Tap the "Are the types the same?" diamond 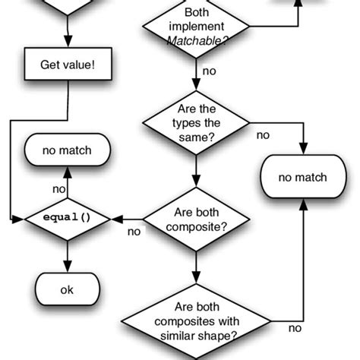[196, 122]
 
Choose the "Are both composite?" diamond [196, 218]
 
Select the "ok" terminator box [68, 289]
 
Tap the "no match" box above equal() [68, 150]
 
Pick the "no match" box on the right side [303, 178]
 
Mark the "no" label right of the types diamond [263, 135]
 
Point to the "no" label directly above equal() [58, 189]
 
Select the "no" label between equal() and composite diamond [134, 231]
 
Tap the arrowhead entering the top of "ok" [68, 267]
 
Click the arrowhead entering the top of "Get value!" [68, 46]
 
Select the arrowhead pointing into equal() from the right [116, 219]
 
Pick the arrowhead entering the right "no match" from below [303, 204]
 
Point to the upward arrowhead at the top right [297, 5]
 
